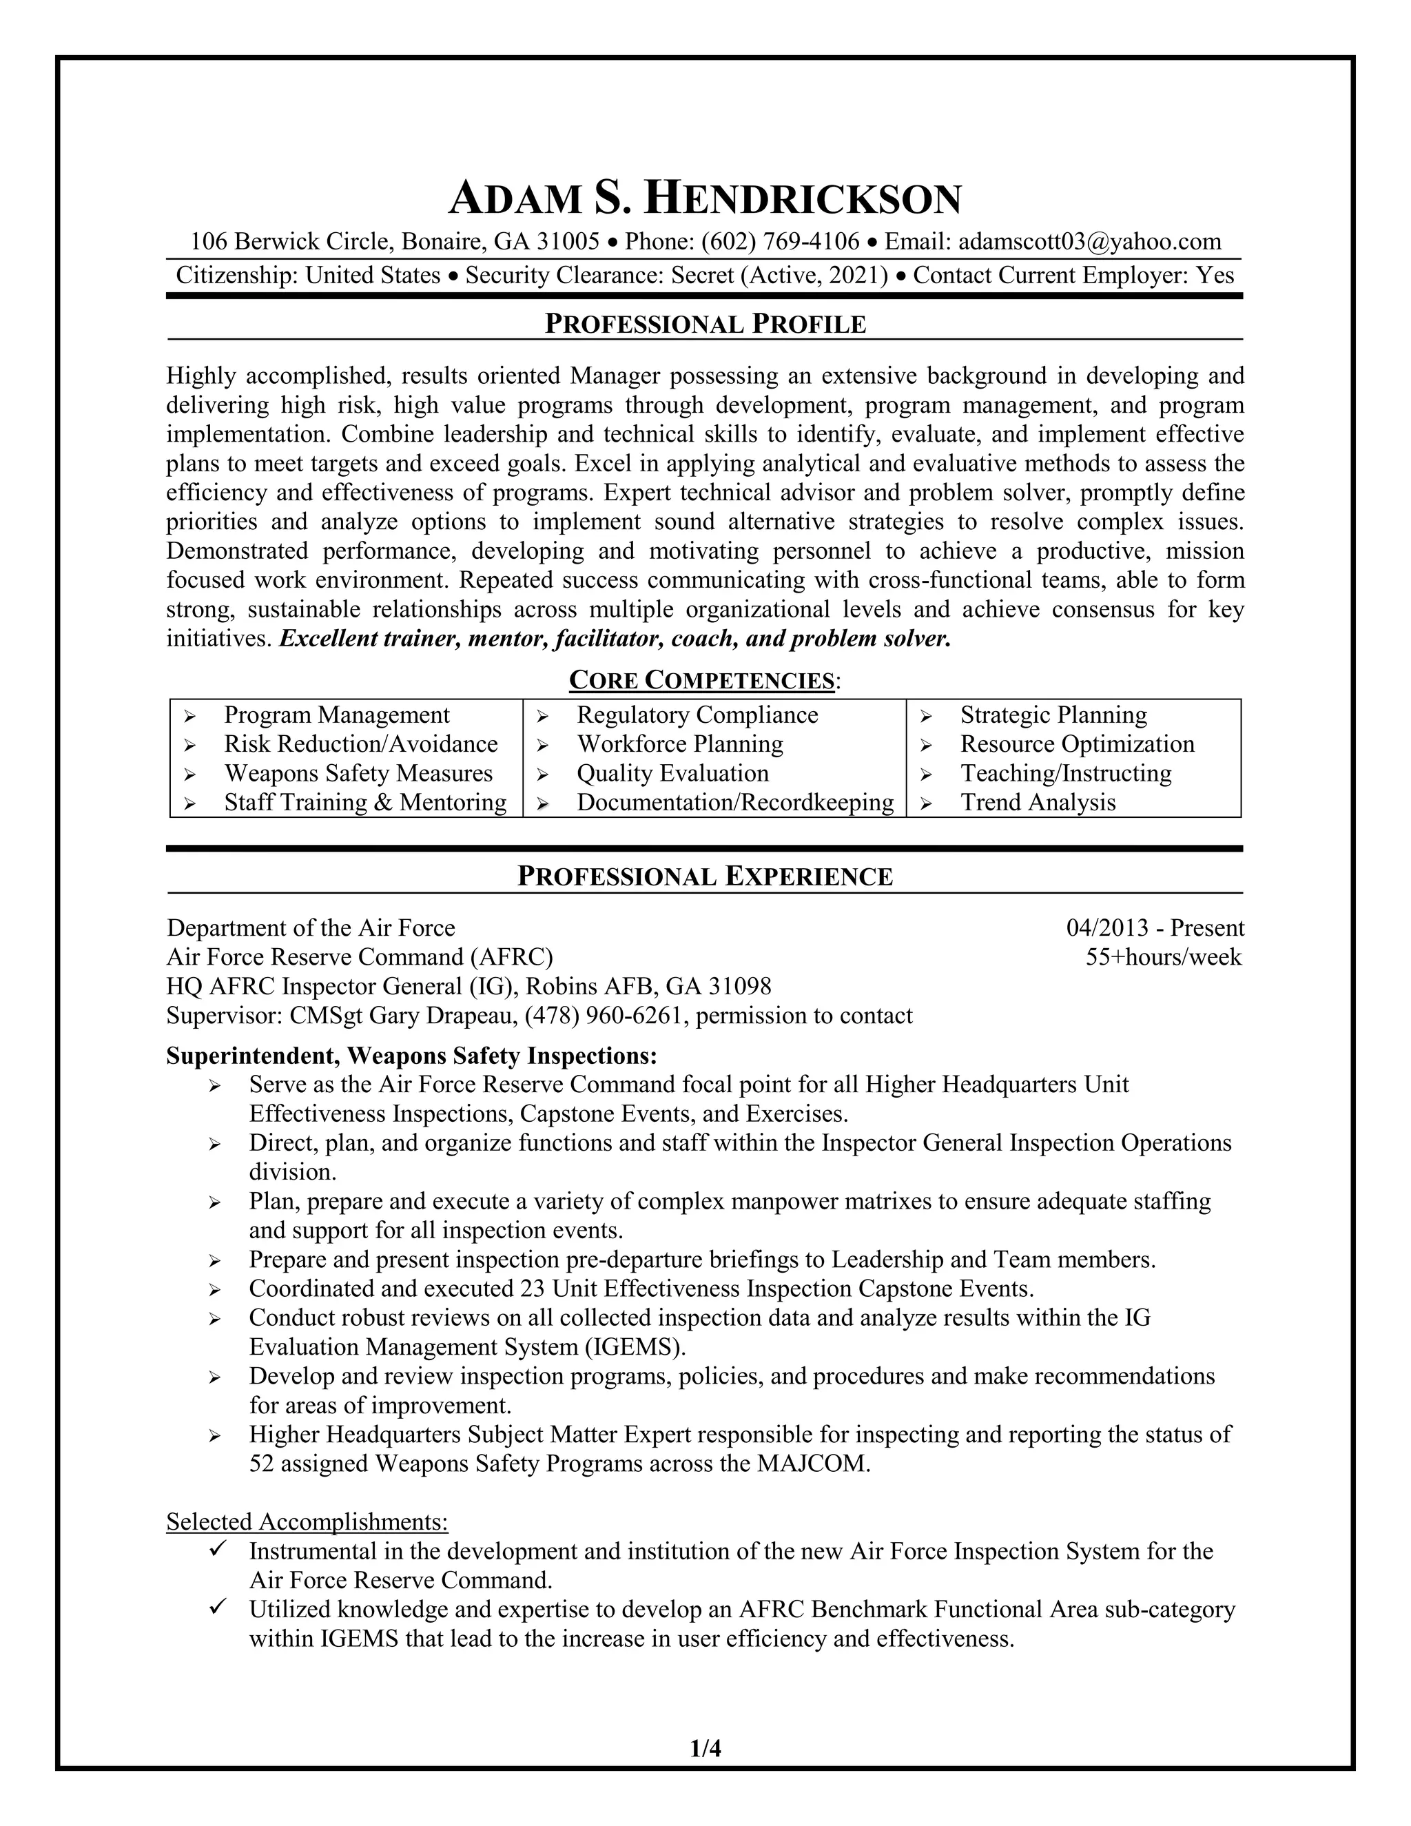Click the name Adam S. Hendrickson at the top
(x=705, y=200)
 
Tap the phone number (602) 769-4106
(x=780, y=243)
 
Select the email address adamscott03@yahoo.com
(x=1089, y=243)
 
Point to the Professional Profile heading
(x=705, y=325)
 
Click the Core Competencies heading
(x=701, y=681)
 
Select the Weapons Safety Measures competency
(x=358, y=773)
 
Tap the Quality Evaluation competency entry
(x=672, y=773)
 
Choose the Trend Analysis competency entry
(x=1038, y=803)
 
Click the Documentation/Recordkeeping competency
(x=734, y=803)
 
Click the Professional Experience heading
(x=705, y=876)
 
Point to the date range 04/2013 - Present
(x=1155, y=928)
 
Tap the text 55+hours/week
(x=1163, y=957)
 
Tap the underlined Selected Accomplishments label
(x=307, y=1521)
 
